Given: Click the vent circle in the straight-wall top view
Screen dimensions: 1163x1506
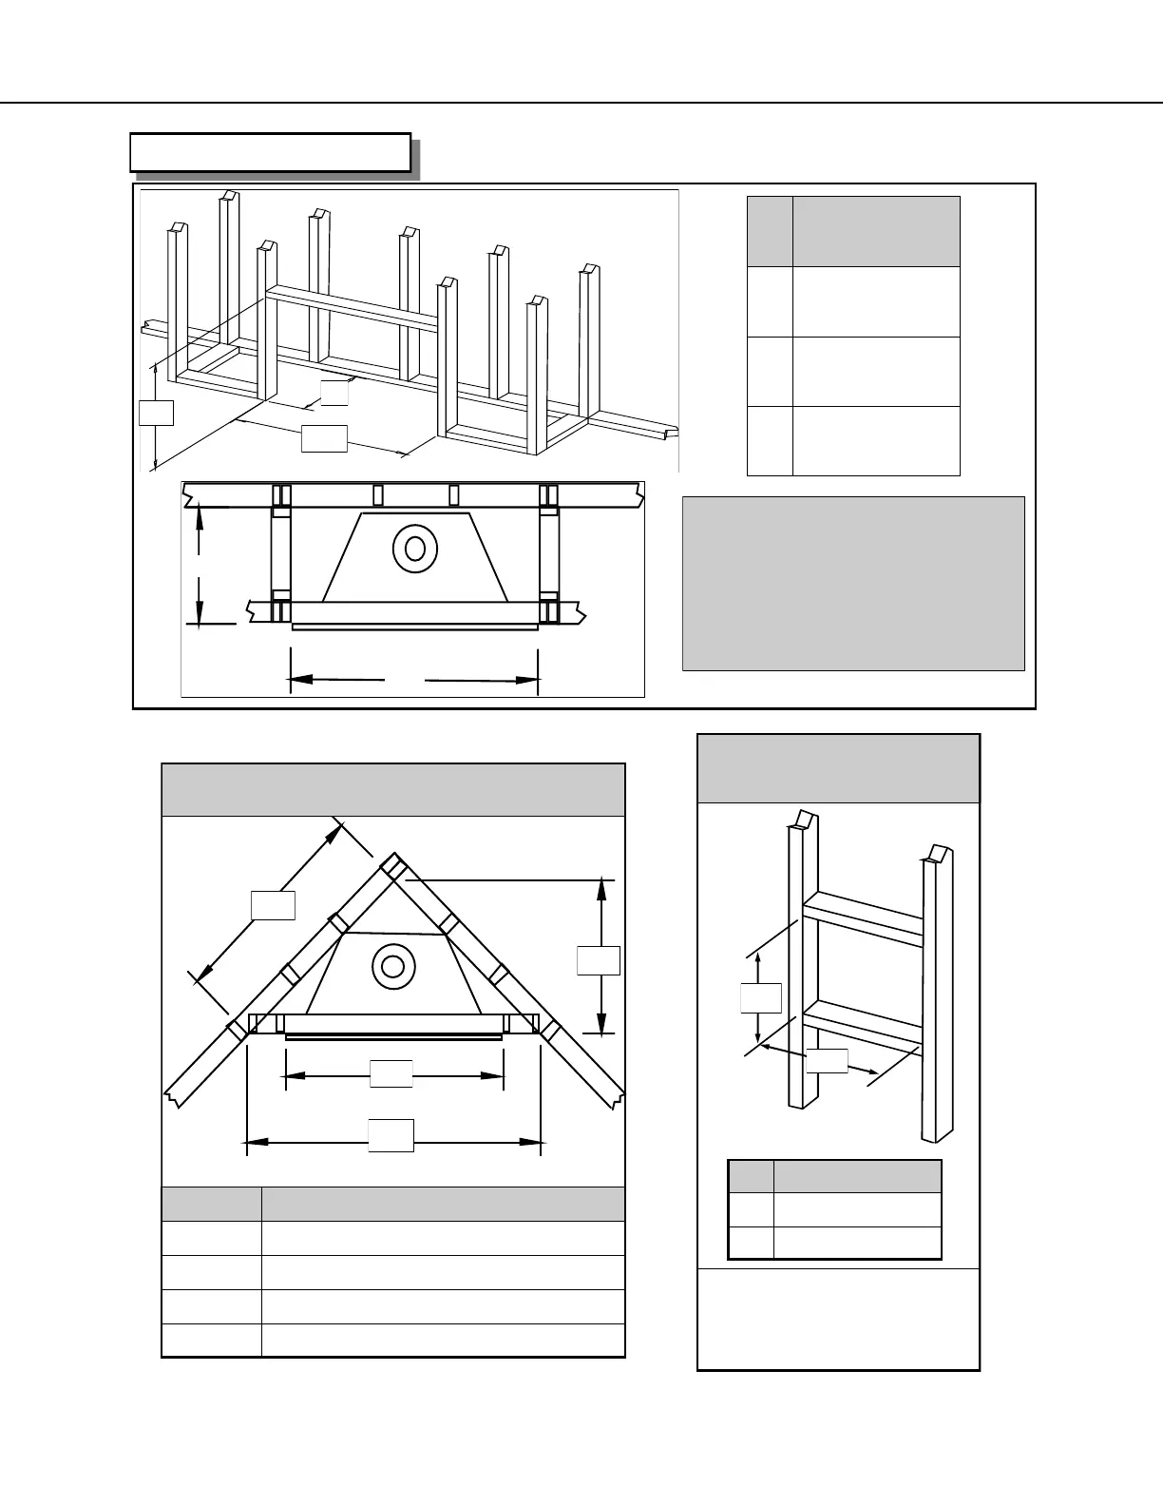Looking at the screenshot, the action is [x=414, y=548].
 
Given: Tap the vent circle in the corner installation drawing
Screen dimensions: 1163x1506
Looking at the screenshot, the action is [x=393, y=966].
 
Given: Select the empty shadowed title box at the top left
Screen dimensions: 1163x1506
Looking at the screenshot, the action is [x=270, y=152].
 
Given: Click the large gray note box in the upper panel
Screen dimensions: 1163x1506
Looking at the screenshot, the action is [x=853, y=583].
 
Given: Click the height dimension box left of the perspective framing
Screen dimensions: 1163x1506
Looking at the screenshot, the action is [x=156, y=413].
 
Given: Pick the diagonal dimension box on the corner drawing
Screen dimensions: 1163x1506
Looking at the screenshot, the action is [x=273, y=905].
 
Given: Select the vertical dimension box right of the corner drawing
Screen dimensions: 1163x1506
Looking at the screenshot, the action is [x=599, y=960].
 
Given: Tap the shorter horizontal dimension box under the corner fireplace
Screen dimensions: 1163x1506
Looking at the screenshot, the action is [x=391, y=1072].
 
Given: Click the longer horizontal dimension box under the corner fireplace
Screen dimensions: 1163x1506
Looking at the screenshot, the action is [x=391, y=1135].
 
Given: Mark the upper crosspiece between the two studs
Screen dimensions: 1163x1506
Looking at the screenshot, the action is [x=863, y=917].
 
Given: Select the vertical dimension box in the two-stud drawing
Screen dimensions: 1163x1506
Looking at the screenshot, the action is [x=760, y=998].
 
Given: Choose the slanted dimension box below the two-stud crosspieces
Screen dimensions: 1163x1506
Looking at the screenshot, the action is [x=827, y=1061].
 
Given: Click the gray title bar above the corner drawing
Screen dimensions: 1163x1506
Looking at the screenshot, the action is [x=393, y=789].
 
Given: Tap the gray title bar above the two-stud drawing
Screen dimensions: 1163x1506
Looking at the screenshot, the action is [x=838, y=768].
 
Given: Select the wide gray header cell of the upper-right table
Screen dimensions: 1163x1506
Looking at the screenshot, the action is [x=876, y=231].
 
